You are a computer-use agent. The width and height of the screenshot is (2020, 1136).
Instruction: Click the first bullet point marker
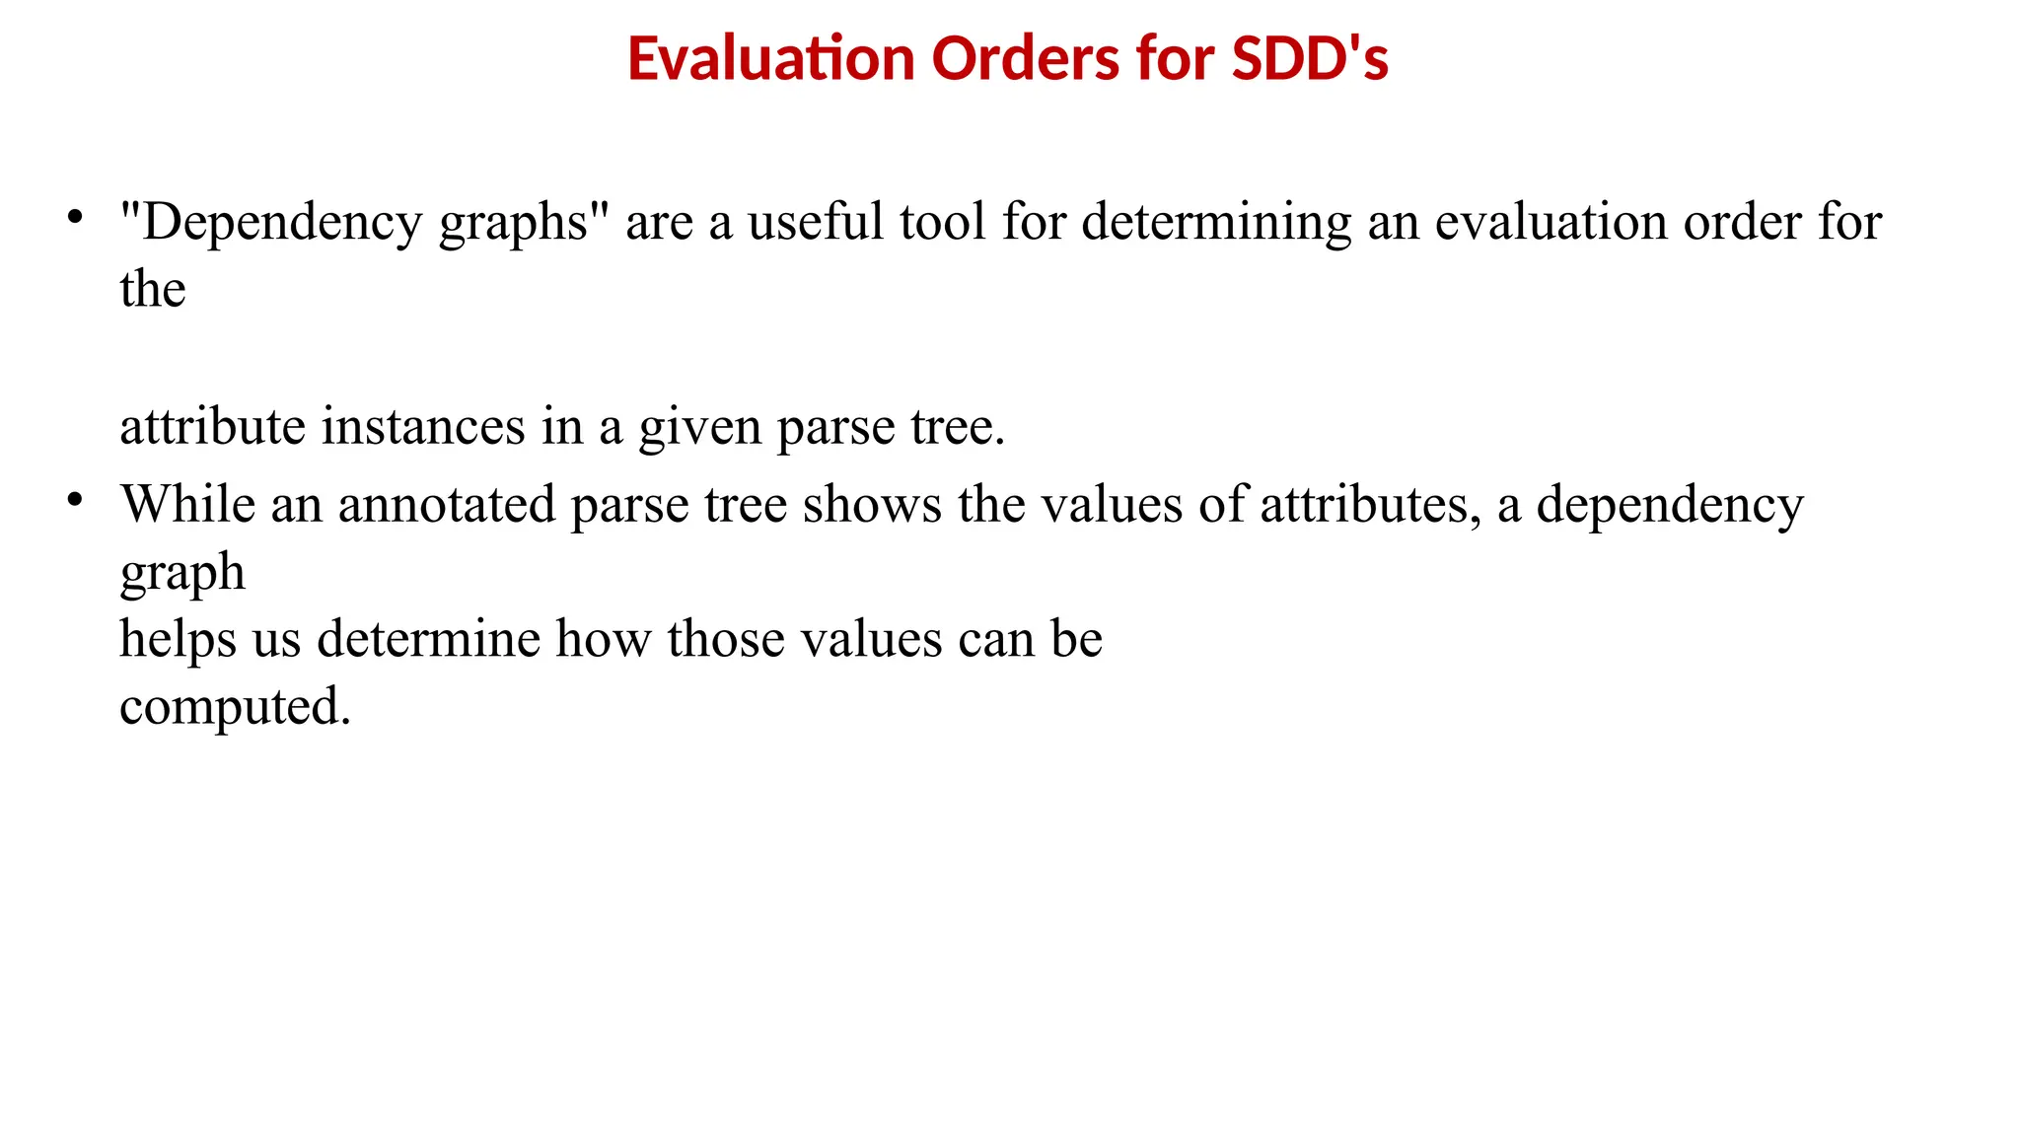(x=75, y=216)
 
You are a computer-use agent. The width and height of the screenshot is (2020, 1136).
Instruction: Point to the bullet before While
(x=75, y=499)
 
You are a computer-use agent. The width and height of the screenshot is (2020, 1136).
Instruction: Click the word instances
(x=423, y=426)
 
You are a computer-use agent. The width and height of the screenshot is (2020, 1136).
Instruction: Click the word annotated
(x=447, y=504)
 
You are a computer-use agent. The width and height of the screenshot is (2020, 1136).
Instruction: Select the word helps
(x=178, y=639)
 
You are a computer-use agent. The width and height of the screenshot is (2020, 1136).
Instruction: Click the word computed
(x=235, y=707)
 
